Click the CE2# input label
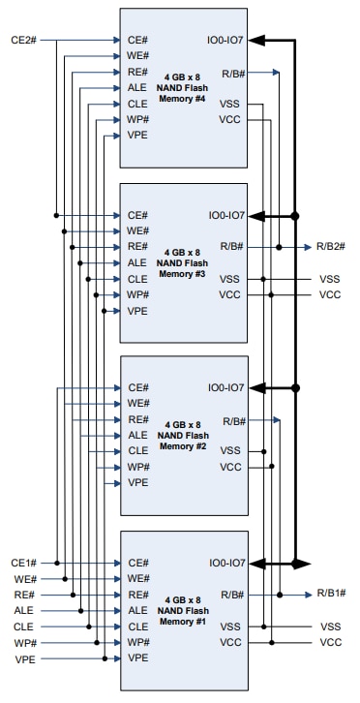(23, 41)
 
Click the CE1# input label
(23, 563)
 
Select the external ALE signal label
(24, 610)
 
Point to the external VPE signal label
(24, 658)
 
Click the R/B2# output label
(330, 247)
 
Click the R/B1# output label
(330, 594)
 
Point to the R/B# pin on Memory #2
(234, 420)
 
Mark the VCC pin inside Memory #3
(230, 294)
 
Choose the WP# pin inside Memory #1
(138, 642)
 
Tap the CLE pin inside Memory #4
(137, 105)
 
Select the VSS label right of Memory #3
(330, 279)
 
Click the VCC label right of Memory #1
(330, 642)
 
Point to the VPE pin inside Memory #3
(137, 310)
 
